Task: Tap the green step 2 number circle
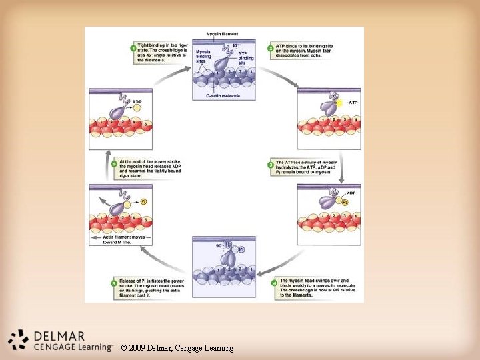point(271,48)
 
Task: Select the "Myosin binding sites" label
point(203,57)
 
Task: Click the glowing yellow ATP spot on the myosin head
point(341,103)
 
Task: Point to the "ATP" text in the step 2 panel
point(353,103)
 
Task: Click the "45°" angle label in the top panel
point(235,45)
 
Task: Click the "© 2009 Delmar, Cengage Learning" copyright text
point(177,348)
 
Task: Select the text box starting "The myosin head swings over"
point(314,287)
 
